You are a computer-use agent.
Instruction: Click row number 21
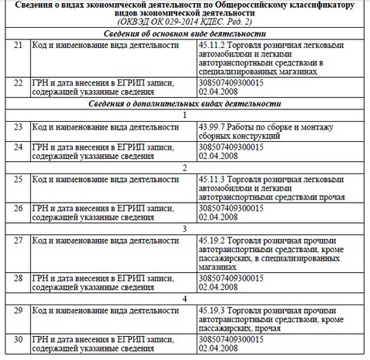coord(18,48)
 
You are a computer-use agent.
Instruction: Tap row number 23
coord(18,126)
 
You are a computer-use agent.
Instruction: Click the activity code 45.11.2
coord(213,48)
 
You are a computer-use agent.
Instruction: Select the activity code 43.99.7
coord(213,126)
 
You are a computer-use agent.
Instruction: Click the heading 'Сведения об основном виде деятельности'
coord(184,35)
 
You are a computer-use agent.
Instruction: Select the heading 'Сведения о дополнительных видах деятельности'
coord(184,103)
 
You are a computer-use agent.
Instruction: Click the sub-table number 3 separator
coord(184,229)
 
